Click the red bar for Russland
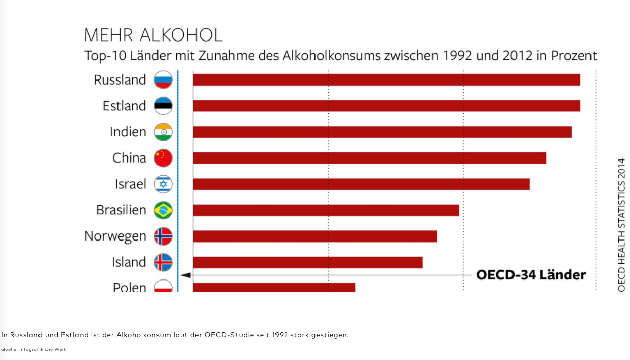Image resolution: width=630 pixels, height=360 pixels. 386,80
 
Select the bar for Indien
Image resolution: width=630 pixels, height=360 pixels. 382,132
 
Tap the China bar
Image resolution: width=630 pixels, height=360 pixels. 370,158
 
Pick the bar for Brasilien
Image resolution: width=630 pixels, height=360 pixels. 326,210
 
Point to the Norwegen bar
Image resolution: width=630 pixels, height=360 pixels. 314,236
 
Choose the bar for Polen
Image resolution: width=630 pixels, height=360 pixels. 274,287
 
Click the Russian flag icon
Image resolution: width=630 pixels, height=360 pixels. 163,80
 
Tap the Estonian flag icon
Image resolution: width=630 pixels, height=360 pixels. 163,106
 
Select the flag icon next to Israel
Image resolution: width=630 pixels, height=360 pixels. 163,184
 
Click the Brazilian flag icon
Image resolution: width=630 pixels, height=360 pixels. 163,210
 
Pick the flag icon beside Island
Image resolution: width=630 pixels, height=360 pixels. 163,262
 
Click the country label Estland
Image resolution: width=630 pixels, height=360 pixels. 124,106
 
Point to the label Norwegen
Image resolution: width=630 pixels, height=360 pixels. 115,236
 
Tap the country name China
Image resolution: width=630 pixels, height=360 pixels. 129,158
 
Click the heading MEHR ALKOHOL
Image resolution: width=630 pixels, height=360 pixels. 153,35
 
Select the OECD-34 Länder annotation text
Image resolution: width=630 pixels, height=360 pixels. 531,275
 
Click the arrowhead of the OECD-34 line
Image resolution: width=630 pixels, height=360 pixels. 185,275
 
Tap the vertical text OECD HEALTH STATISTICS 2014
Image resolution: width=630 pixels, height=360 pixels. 622,225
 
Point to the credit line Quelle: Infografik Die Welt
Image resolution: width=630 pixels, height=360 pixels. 33,349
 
